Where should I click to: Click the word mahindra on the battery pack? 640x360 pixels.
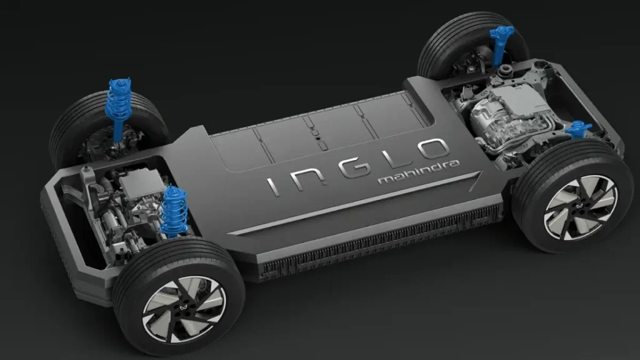pos(419,172)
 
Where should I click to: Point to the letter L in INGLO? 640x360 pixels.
pos(391,157)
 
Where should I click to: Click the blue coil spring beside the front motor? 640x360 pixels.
pos(174,211)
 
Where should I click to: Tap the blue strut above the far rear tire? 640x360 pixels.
pos(501,44)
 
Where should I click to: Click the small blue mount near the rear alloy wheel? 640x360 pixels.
pos(578,129)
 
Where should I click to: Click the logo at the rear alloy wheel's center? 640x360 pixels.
pos(580,207)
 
